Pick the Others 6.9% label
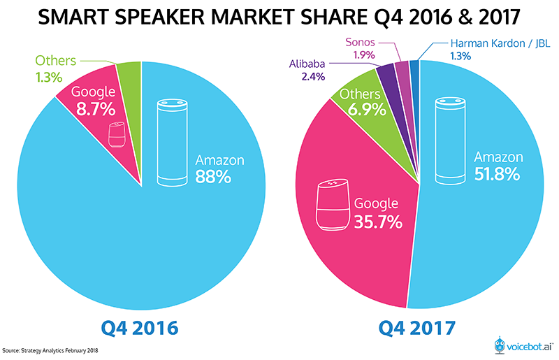tap(360, 102)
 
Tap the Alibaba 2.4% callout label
tap(306, 71)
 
